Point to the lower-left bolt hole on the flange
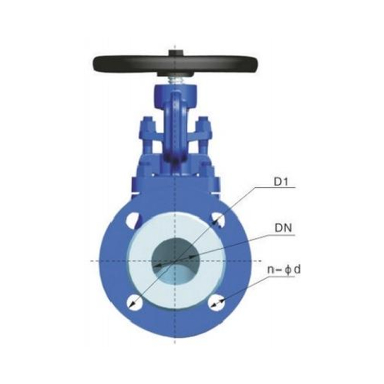pyautogui.click(x=134, y=302)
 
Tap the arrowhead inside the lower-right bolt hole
pyautogui.click(x=220, y=302)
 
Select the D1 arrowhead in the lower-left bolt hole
pyautogui.click(x=132, y=305)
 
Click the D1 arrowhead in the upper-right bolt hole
pyautogui.click(x=217, y=218)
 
